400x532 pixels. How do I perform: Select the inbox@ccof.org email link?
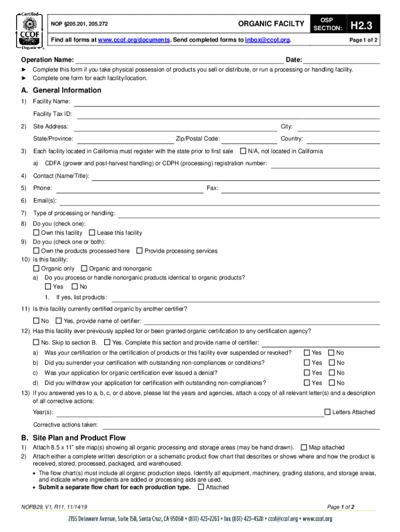click(x=268, y=40)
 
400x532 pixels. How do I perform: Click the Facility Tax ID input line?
click(x=229, y=114)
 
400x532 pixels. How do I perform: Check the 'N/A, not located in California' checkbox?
click(x=243, y=151)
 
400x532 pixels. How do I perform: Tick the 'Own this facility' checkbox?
click(x=36, y=233)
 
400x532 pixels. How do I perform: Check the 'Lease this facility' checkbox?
click(x=92, y=233)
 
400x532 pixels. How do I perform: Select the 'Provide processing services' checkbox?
click(x=139, y=251)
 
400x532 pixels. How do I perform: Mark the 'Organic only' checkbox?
click(x=36, y=269)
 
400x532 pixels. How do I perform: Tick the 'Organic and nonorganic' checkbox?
click(x=84, y=269)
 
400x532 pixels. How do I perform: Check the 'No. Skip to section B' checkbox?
click(x=36, y=342)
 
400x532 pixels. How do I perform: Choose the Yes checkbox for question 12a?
click(x=307, y=353)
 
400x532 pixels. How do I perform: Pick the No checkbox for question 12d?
click(x=331, y=383)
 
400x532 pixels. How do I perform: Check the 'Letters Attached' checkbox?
click(x=327, y=412)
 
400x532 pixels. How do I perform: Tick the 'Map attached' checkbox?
click(x=304, y=447)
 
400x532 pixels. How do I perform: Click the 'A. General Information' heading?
click(x=61, y=90)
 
